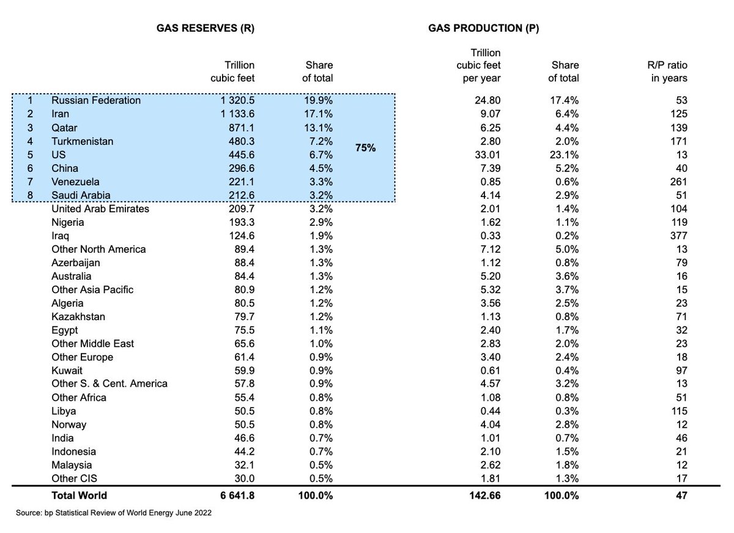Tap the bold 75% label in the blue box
pos(366,148)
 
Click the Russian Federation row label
pos(95,100)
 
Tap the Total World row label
pos(79,496)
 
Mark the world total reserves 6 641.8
pos(233,496)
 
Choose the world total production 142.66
pos(484,496)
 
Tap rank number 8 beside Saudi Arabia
pos(30,195)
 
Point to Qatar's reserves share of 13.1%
pos(319,127)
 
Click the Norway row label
pos(69,425)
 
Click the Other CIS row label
pos(75,479)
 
